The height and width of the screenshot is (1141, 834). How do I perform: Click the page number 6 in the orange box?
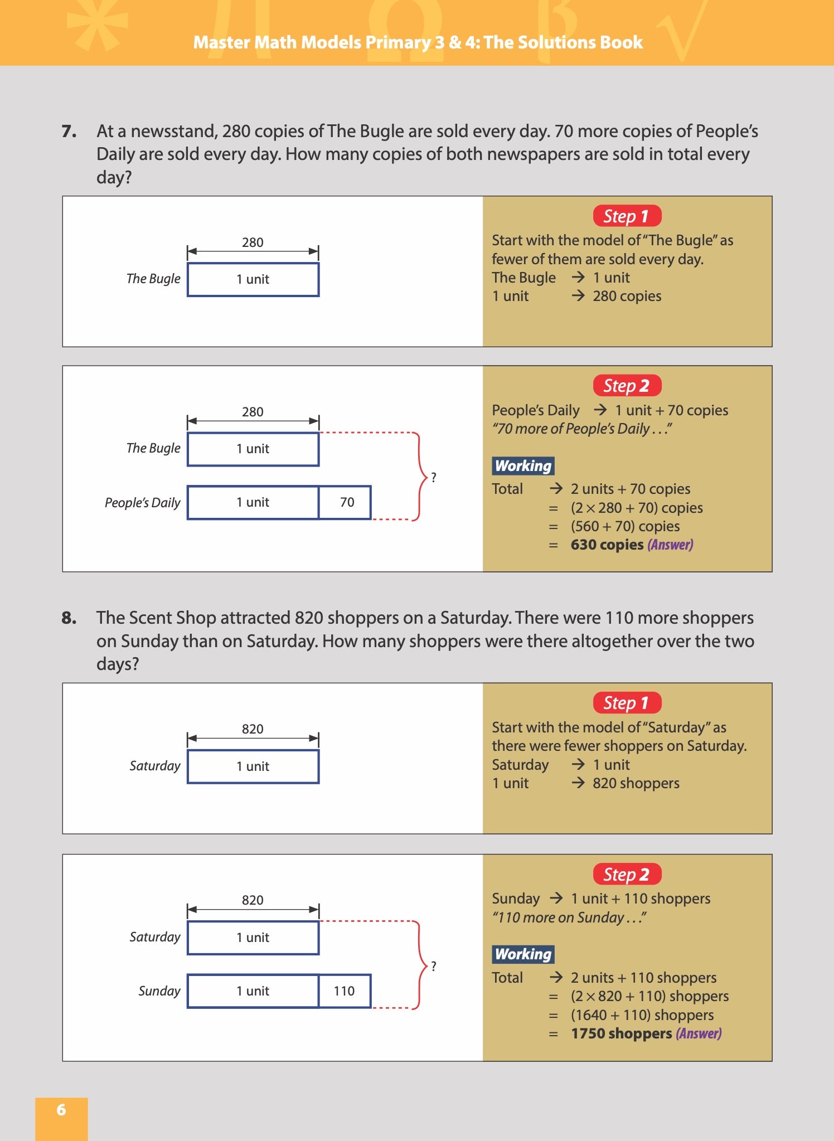(61, 1110)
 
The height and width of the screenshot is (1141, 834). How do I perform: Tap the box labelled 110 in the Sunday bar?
(344, 991)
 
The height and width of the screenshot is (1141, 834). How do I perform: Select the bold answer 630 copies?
(607, 545)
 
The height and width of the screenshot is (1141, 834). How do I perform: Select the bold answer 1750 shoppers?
(621, 1033)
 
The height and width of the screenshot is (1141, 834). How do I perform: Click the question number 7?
(69, 132)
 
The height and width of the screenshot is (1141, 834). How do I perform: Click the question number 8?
(69, 618)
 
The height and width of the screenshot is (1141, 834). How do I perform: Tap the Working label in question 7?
(523, 466)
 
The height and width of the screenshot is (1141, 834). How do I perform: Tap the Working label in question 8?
(523, 954)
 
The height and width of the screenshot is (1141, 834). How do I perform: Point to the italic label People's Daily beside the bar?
(143, 503)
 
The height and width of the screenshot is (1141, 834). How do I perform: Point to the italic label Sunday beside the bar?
(159, 991)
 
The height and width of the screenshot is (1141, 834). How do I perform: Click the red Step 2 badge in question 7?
(627, 386)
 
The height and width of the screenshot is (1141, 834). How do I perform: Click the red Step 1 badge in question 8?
(627, 703)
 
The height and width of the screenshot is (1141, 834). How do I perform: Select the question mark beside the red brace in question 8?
(434, 966)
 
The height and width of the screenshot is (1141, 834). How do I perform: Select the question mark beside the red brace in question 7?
(434, 477)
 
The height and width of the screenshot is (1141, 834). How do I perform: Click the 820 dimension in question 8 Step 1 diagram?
(253, 729)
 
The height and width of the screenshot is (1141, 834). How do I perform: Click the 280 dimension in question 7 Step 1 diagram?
(253, 242)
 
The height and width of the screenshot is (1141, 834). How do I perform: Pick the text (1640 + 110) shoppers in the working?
(642, 1015)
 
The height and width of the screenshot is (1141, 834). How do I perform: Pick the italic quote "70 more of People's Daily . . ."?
(582, 429)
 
